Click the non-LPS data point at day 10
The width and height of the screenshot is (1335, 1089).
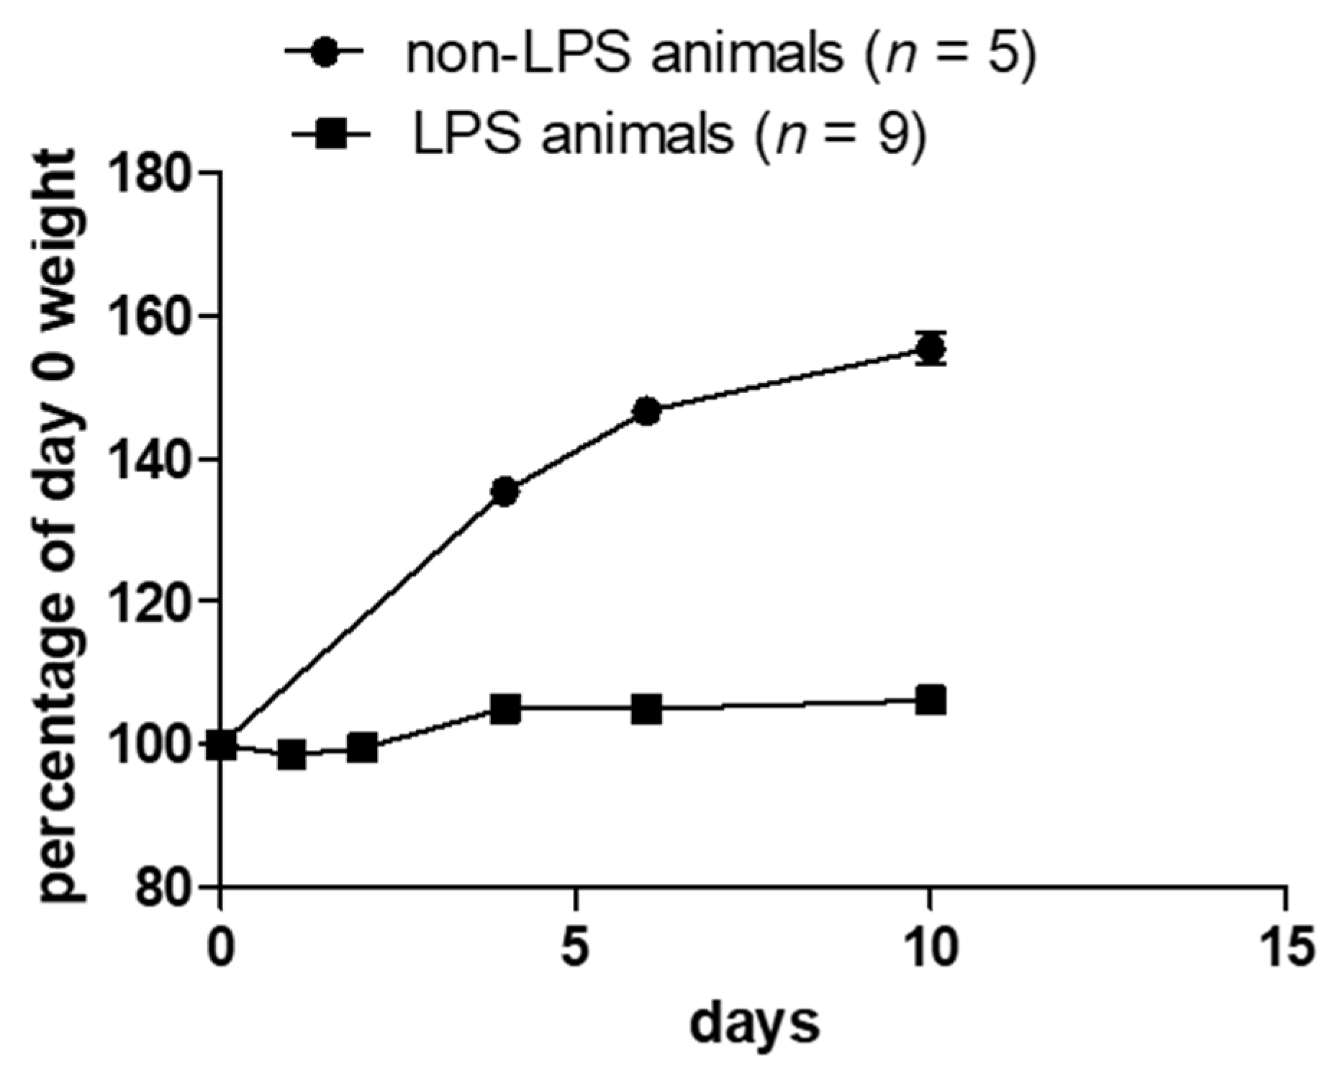931,348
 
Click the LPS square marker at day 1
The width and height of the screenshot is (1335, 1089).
291,754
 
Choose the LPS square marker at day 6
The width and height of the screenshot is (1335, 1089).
646,710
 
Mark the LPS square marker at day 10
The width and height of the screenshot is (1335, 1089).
931,700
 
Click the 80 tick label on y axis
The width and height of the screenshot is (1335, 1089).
164,887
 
